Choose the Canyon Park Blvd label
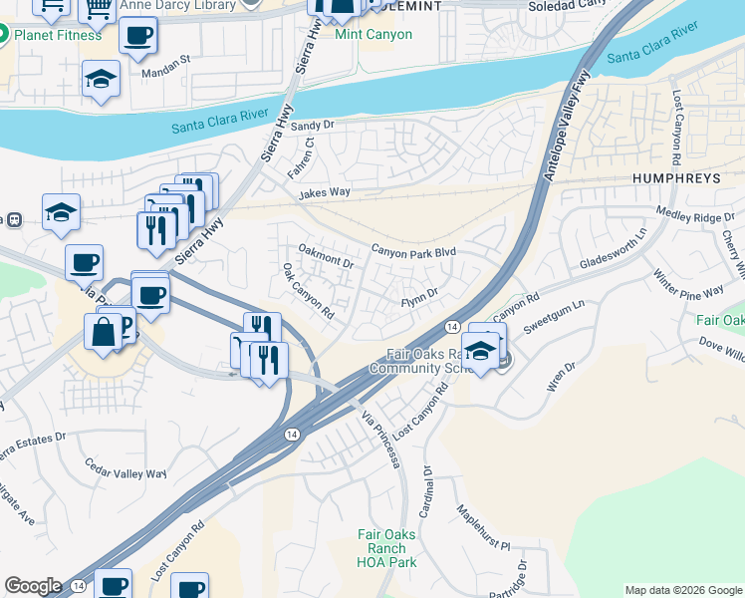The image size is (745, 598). [x=413, y=252]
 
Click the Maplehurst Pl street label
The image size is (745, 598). [x=483, y=529]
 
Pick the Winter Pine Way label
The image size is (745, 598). [x=688, y=281]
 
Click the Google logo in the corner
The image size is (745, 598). [x=33, y=586]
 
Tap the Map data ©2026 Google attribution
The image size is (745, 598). [x=682, y=590]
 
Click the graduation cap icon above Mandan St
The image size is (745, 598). [x=102, y=80]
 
